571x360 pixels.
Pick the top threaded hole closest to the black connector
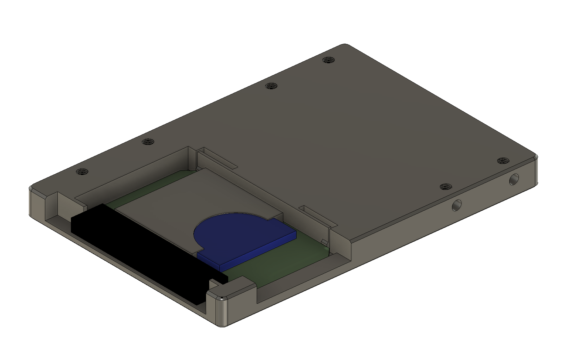(x=82, y=172)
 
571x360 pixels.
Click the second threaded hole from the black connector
(x=147, y=142)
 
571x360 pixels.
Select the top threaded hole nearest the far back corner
(x=329, y=60)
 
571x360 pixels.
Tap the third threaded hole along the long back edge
(x=271, y=86)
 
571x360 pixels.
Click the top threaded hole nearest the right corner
(x=502, y=161)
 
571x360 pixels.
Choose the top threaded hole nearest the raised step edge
(x=446, y=187)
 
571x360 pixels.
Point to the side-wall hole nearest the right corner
(x=514, y=180)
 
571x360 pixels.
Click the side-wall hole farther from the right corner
(x=456, y=206)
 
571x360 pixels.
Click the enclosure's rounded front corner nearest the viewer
(x=222, y=313)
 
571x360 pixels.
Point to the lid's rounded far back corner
(x=344, y=45)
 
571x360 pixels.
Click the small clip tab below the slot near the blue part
(x=324, y=242)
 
